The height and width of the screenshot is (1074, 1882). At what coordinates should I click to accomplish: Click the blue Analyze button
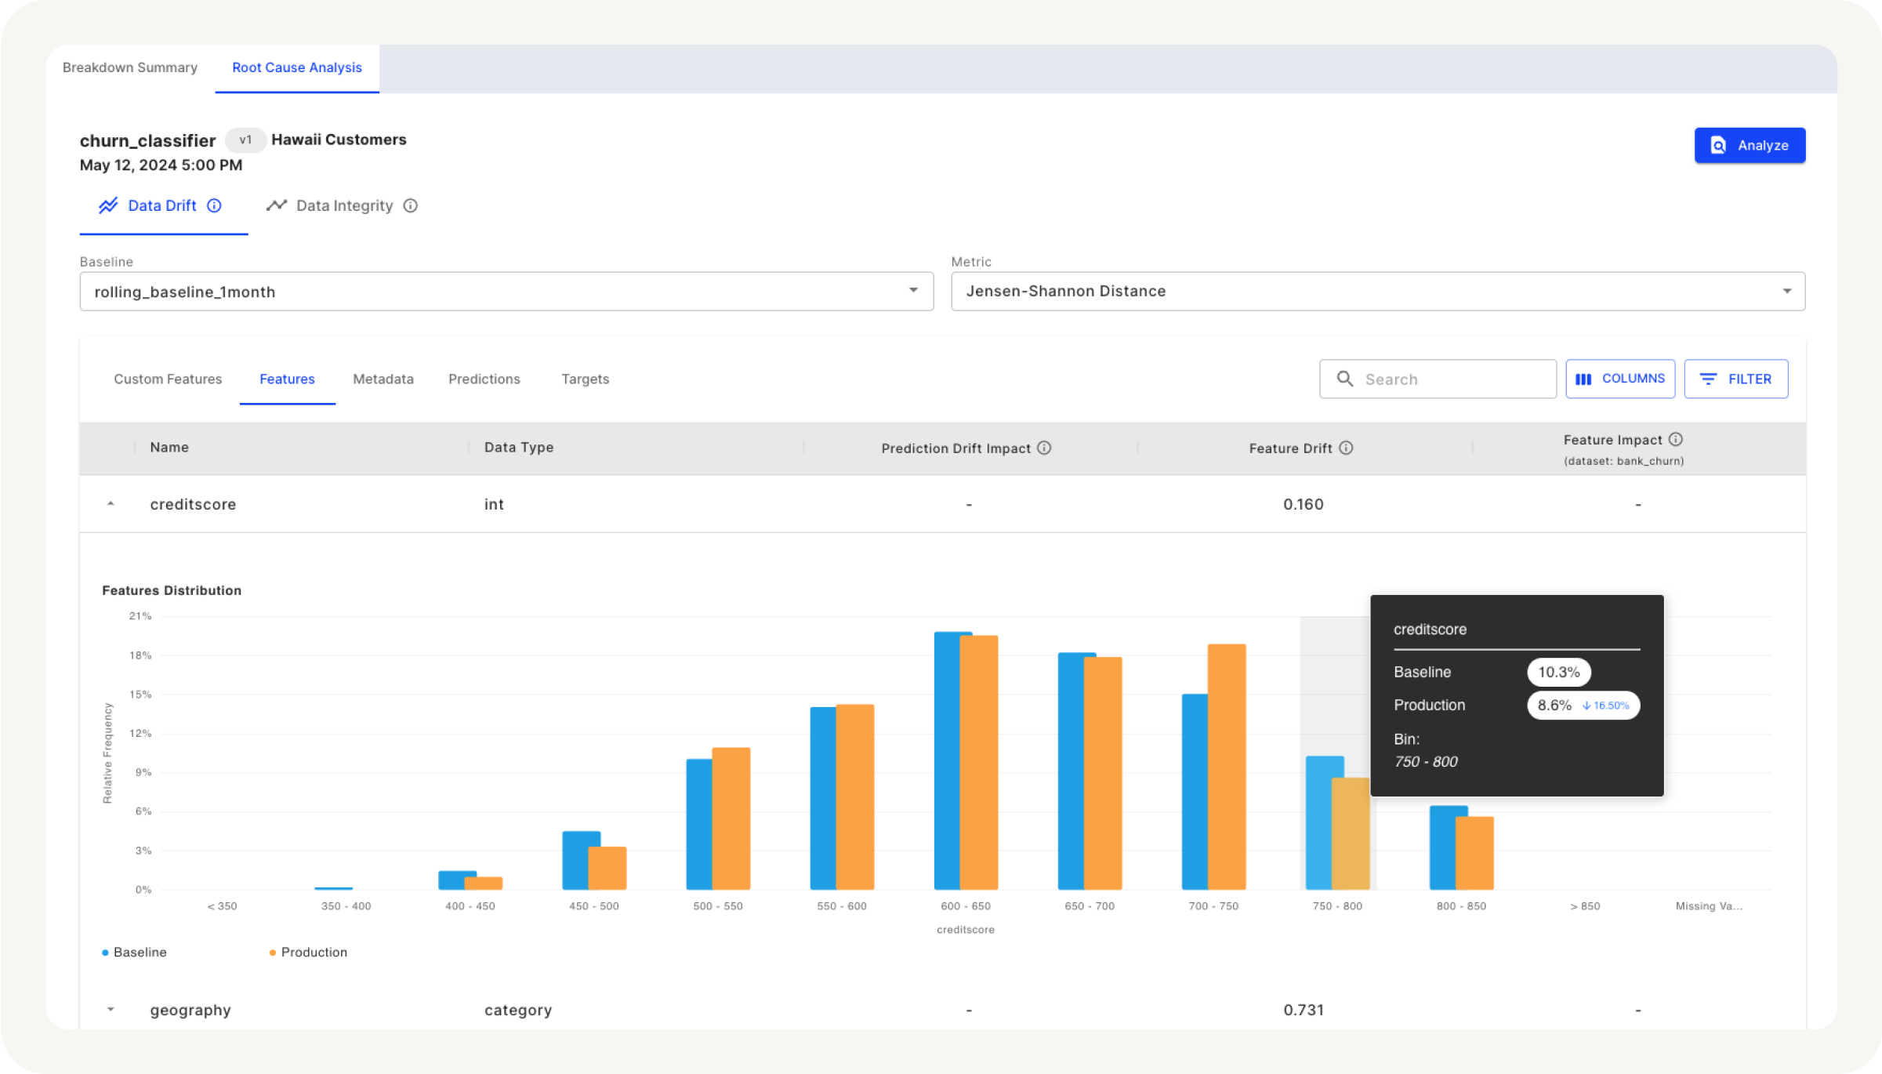pos(1749,145)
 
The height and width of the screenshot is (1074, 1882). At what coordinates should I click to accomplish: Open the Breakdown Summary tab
pos(130,67)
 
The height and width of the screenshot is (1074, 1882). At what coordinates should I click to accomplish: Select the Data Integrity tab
pos(343,205)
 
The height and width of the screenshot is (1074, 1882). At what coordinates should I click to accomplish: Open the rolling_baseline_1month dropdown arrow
pos(913,291)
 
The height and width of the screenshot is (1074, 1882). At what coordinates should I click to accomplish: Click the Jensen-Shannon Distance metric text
pos(1065,291)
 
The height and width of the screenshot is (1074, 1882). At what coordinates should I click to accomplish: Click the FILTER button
pos(1735,379)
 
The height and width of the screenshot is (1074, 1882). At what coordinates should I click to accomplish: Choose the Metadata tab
pos(383,379)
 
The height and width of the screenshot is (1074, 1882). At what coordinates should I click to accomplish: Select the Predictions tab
pos(484,379)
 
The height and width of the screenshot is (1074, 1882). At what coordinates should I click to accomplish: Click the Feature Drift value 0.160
pos(1303,504)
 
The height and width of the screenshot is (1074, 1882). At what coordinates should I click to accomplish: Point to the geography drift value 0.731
pos(1303,1010)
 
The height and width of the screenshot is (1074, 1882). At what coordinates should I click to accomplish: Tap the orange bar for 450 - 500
pos(607,868)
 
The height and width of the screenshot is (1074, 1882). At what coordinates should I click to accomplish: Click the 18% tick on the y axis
pos(140,655)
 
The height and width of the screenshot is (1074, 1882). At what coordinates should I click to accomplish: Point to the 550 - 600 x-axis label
pos(841,906)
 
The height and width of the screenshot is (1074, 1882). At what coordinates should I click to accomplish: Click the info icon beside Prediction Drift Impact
pos(1044,448)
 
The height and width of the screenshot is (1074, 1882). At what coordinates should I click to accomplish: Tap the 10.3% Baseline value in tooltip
pos(1558,672)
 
